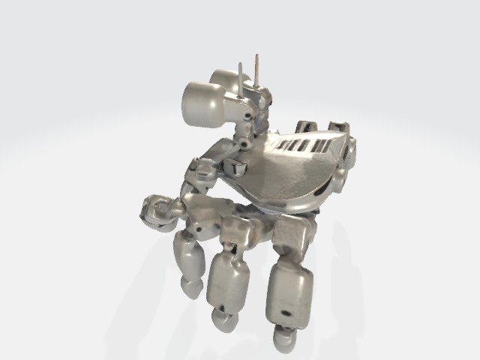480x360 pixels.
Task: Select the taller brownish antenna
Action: coord(257,71)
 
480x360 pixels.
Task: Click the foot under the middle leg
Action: coord(225,320)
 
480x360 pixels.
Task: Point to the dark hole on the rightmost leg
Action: coord(286,309)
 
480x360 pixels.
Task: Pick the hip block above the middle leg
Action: coord(238,232)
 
